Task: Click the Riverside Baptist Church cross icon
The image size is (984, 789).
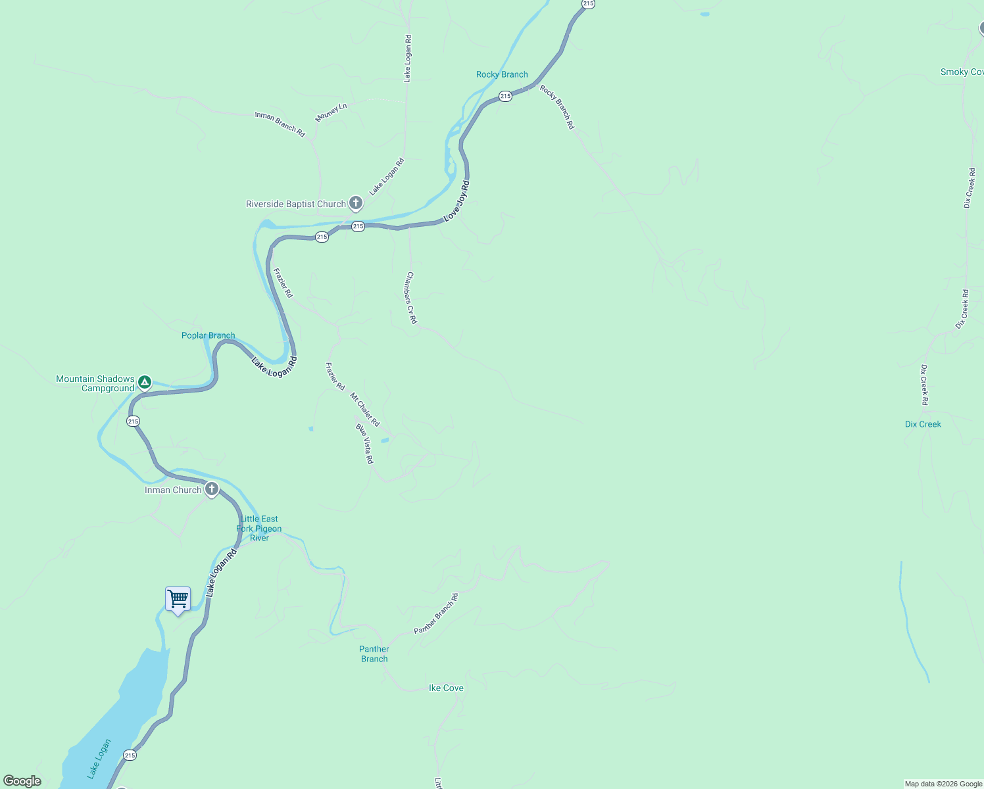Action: tap(356, 203)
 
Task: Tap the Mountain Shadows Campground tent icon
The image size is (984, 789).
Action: tap(145, 382)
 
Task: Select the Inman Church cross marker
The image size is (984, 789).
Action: tap(211, 489)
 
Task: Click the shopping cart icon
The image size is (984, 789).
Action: tap(178, 600)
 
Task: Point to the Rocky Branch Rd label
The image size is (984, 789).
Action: tap(557, 107)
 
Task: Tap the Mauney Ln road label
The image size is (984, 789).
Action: tap(331, 112)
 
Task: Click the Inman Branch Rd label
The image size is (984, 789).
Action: tap(280, 124)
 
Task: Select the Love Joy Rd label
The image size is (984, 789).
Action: tap(456, 201)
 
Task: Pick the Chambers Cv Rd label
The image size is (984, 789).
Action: tap(411, 298)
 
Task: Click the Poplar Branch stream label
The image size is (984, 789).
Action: tap(208, 335)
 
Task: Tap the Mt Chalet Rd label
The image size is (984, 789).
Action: tap(365, 410)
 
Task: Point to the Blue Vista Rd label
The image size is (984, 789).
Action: tap(364, 444)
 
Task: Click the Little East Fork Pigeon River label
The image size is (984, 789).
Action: tap(259, 529)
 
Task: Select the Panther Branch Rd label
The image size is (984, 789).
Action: tap(435, 614)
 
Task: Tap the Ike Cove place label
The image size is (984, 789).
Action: tap(446, 688)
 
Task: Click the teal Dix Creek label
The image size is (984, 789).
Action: tap(923, 424)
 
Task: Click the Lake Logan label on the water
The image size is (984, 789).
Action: tap(98, 759)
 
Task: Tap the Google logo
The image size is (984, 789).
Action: tap(22, 781)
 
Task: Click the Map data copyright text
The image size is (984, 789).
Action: tap(943, 784)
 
